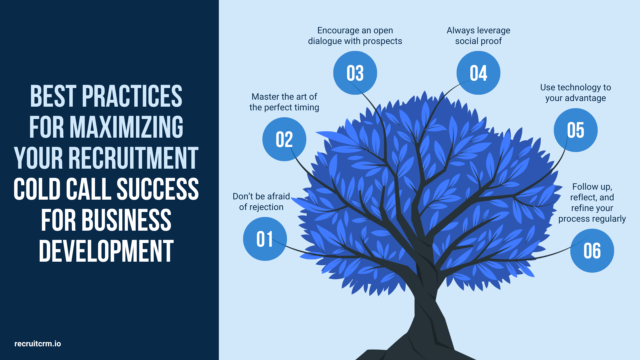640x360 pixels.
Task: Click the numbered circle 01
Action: [265, 239]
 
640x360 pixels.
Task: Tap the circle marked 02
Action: [284, 139]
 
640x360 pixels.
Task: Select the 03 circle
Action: [355, 73]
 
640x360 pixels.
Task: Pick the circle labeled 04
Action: [478, 73]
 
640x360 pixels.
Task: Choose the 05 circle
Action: [576, 130]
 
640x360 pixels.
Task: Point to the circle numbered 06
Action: [592, 251]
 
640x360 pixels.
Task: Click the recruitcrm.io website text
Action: [38, 344]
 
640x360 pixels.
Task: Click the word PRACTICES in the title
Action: [132, 96]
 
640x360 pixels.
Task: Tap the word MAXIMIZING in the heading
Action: [126, 127]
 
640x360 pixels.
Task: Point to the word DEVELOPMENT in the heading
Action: [106, 251]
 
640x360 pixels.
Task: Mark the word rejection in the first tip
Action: [266, 207]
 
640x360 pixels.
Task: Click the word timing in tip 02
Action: [307, 107]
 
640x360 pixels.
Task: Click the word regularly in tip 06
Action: [610, 219]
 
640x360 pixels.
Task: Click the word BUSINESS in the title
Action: [126, 220]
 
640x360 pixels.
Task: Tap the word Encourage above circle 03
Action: [338, 31]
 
